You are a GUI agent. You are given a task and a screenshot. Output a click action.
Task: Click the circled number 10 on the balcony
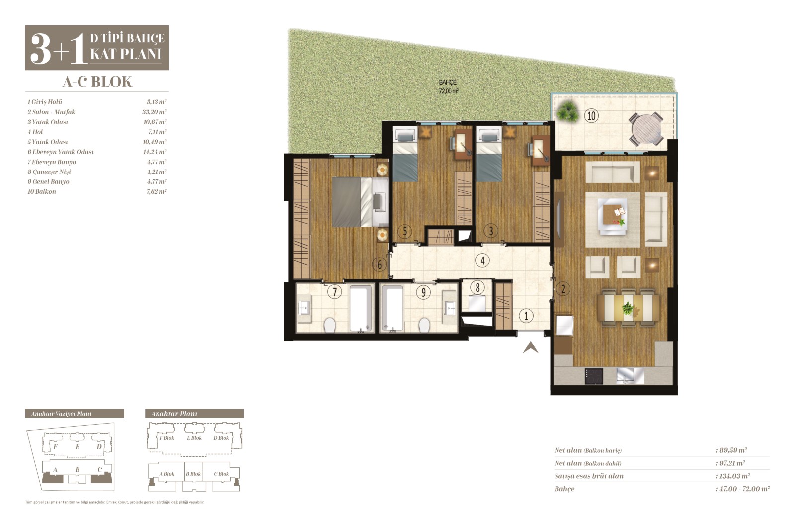pos(591,116)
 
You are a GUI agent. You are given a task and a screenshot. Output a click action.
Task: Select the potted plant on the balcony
pos(567,112)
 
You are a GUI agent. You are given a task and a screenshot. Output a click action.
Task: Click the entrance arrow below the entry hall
pos(530,347)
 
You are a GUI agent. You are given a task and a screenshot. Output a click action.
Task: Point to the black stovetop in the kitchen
pos(594,376)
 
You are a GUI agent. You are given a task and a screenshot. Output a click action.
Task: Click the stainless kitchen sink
pos(630,376)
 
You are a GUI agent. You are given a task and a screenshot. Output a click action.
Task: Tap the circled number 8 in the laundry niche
pos(477,288)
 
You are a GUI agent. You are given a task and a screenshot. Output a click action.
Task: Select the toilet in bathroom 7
pos(330,325)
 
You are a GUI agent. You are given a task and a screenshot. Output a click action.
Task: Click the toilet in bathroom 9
pos(424,325)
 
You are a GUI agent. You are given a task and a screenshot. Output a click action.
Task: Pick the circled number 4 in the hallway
pos(482,260)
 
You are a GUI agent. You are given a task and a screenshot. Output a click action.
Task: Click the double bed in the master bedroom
pos(360,202)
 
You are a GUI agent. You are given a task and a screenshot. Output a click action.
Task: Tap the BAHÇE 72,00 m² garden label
pos(448,86)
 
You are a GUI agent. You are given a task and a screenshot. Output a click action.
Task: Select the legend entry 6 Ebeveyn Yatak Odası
pos(61,152)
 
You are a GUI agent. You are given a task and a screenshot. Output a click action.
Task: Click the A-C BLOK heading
pos(97,82)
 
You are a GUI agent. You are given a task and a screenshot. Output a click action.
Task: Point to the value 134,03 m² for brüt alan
pos(735,476)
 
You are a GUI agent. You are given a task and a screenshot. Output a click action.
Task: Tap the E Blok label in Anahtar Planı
pos(194,438)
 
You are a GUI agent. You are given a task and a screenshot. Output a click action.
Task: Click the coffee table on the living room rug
pos(612,216)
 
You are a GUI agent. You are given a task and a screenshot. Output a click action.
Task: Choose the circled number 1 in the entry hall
pos(526,316)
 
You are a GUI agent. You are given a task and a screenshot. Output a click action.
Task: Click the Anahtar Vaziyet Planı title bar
pos(75,413)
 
